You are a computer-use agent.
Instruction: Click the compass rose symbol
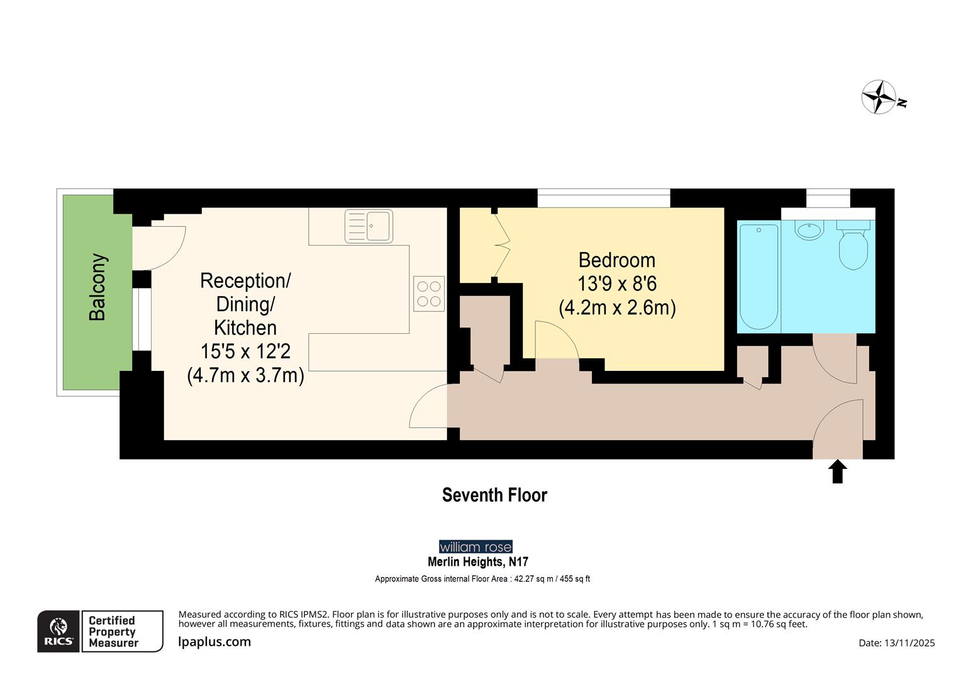[x=879, y=97]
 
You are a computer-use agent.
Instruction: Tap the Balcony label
[x=97, y=287]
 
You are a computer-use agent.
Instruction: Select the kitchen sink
[x=369, y=226]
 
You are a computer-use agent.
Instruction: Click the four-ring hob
[x=429, y=294]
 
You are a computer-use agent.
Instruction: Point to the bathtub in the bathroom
[x=759, y=277]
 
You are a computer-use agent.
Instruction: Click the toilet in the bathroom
[x=853, y=248]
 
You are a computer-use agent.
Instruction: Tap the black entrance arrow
[x=837, y=471]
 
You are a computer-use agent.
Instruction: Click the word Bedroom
[x=616, y=260]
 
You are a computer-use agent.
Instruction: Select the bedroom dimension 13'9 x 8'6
[x=616, y=284]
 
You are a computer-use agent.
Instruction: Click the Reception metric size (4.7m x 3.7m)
[x=245, y=375]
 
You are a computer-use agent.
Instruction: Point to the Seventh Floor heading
[x=494, y=495]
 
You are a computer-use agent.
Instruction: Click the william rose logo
[x=475, y=547]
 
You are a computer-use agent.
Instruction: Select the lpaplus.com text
[x=214, y=642]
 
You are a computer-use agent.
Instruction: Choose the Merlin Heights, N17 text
[x=478, y=562]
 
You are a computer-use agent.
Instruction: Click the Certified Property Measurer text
[x=113, y=631]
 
